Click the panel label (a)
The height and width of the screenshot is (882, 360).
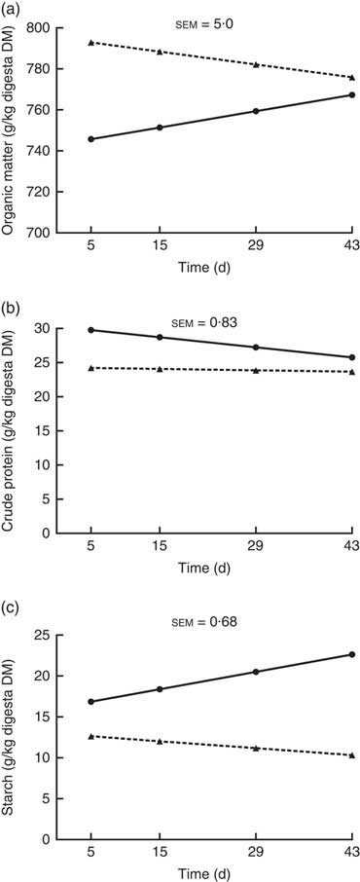point(14,11)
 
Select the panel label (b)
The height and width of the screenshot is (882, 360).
point(14,311)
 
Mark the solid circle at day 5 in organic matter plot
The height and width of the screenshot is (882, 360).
point(90,139)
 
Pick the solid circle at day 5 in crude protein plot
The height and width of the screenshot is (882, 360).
point(90,330)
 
